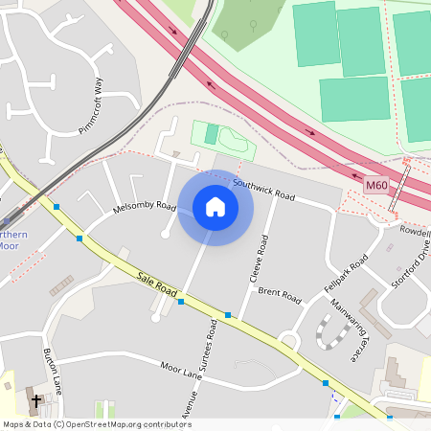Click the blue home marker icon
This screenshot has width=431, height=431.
click(x=215, y=207)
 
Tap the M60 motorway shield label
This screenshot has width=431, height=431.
click(x=377, y=184)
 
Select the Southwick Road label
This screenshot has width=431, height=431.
click(x=264, y=193)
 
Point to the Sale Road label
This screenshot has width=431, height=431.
click(x=158, y=284)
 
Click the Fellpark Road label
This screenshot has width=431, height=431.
click(x=346, y=275)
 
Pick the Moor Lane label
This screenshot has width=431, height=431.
click(x=181, y=371)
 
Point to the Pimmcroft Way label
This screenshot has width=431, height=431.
click(x=90, y=106)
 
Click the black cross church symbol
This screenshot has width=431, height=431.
click(x=37, y=401)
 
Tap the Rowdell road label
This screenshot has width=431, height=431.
click(x=415, y=231)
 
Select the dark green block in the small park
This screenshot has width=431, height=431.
click(x=211, y=134)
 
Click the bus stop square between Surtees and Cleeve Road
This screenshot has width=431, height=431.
click(x=228, y=314)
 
